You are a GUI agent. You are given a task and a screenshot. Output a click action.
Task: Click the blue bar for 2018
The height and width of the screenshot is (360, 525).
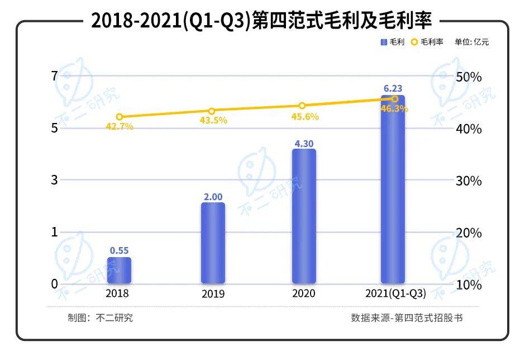(x=119, y=270)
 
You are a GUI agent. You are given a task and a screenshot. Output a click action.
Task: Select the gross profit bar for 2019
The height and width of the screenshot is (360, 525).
(x=213, y=243)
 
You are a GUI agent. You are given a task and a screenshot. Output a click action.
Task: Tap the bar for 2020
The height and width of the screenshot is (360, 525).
(x=304, y=216)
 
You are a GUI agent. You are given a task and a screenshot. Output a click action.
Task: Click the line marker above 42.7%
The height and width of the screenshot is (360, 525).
(x=119, y=117)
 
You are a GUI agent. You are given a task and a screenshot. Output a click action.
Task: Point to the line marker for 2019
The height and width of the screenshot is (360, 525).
(x=212, y=111)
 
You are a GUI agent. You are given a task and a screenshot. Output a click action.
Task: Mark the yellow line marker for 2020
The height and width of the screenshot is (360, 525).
(x=302, y=106)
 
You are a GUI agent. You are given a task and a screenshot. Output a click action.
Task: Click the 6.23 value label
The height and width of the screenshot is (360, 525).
(x=393, y=88)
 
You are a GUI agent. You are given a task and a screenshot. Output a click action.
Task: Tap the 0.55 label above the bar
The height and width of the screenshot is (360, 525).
(x=119, y=250)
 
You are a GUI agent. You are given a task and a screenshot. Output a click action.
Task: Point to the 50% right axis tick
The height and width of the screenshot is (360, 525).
(x=468, y=77)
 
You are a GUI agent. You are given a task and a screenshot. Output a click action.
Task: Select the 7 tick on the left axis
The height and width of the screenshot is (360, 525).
(x=54, y=76)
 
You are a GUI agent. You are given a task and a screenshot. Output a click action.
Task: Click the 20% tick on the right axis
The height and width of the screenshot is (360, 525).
(x=468, y=233)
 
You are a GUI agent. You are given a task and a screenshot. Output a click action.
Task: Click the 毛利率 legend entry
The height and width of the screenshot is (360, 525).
(x=431, y=42)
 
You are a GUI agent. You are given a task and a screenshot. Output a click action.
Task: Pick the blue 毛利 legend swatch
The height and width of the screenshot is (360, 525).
(x=384, y=42)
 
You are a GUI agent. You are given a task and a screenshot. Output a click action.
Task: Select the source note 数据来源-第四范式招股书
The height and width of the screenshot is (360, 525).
(x=407, y=318)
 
